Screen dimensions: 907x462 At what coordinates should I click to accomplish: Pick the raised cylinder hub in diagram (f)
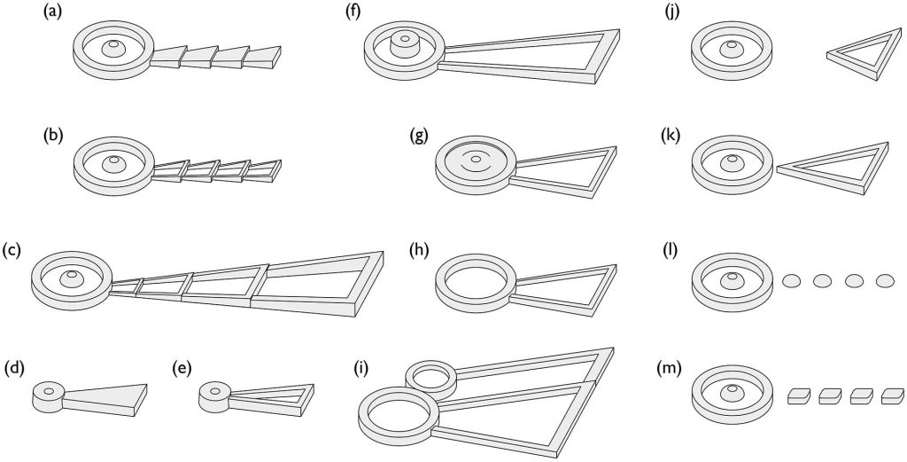click(405, 44)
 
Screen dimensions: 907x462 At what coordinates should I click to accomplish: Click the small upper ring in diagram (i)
click(431, 376)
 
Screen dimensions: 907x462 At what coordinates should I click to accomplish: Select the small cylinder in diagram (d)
click(49, 395)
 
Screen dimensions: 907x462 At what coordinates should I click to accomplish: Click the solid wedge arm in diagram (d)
click(105, 398)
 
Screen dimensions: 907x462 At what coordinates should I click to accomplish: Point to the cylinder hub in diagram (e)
click(214, 395)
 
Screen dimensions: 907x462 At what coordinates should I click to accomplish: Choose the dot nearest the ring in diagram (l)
click(791, 281)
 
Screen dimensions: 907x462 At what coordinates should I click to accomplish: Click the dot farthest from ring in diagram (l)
click(885, 281)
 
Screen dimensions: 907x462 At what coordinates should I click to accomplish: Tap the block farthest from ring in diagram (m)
click(893, 396)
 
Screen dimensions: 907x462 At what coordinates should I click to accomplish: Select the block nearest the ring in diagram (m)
click(799, 396)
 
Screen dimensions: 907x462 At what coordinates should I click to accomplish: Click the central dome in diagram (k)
click(732, 163)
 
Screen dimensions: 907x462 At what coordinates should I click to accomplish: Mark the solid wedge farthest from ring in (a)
click(261, 57)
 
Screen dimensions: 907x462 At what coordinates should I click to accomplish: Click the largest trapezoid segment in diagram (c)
click(315, 284)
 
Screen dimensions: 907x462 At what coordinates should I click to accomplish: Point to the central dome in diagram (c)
click(72, 278)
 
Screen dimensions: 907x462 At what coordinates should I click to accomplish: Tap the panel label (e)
click(184, 368)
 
